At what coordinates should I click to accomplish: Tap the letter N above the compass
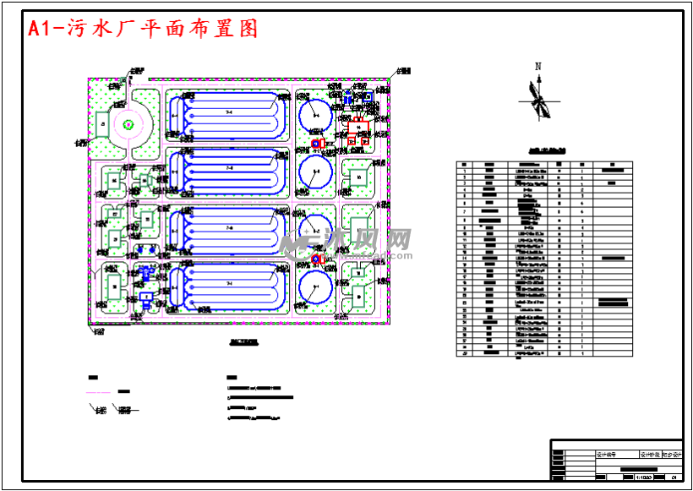(x=537, y=66)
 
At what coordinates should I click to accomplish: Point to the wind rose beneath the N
(x=537, y=96)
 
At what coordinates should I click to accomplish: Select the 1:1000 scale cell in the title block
(x=643, y=477)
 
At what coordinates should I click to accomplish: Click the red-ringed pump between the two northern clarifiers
(x=317, y=145)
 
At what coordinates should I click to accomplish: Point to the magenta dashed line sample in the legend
(x=99, y=392)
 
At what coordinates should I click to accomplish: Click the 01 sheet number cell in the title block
(x=674, y=477)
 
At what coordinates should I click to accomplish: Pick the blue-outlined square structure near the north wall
(x=368, y=97)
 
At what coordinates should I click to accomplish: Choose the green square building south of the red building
(x=358, y=176)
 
